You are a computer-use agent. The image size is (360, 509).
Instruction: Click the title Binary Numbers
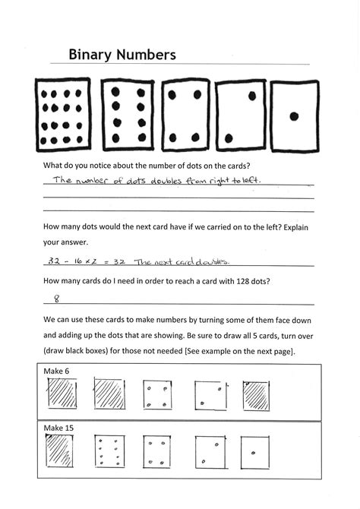pyautogui.click(x=122, y=55)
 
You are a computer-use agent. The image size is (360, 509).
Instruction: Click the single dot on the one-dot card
pyautogui.click(x=295, y=116)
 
